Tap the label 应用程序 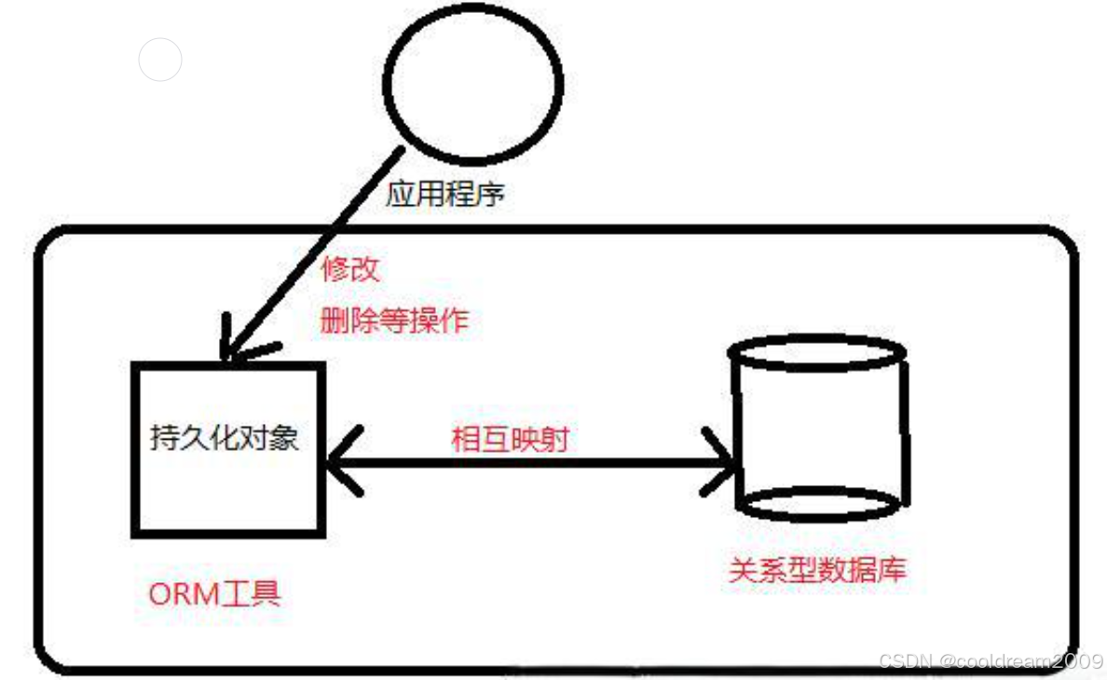445,195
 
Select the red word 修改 350,270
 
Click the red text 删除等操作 394,321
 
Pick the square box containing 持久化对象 228,449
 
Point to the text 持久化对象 225,438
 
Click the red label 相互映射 510,439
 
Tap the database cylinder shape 819,429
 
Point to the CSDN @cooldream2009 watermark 991,661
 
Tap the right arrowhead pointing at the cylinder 722,461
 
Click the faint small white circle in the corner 159,60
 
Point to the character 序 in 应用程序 490,195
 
